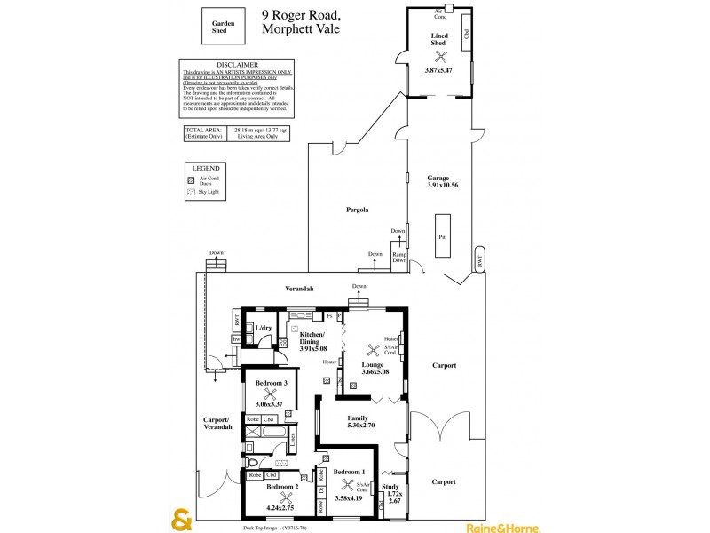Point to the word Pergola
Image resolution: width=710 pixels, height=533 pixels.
358,210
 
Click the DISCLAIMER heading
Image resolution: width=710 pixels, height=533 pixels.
236,64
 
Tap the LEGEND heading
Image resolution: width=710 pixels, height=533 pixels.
206,167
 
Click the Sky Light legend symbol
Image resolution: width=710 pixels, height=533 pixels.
190,191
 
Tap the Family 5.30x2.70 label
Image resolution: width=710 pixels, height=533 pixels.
359,421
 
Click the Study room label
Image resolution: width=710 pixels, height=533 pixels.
390,487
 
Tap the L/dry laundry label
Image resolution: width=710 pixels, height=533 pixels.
264,328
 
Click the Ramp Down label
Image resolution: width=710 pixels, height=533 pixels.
400,258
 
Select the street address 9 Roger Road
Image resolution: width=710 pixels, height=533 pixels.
300,14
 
